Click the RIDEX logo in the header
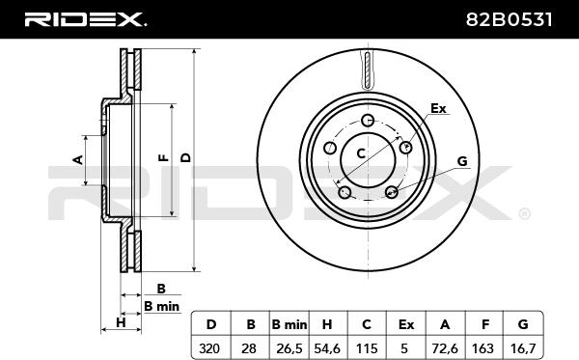click(85, 19)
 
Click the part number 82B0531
click(509, 19)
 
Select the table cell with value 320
click(209, 348)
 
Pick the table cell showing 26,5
click(289, 348)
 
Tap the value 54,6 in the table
click(327, 348)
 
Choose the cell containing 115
click(367, 348)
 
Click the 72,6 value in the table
click(445, 348)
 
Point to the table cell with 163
click(482, 348)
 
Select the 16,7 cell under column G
click(522, 348)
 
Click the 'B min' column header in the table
click(289, 324)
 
